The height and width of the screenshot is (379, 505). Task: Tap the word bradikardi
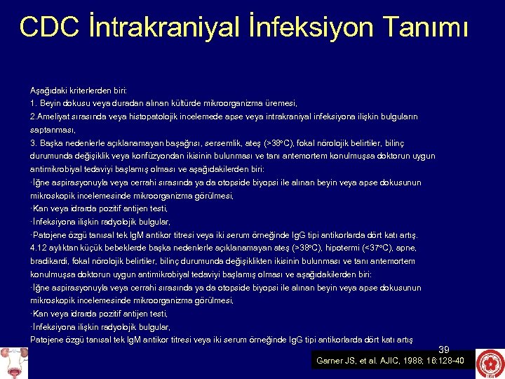point(48,261)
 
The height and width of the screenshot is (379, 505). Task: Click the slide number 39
point(443,349)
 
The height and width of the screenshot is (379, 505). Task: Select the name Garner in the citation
point(330,361)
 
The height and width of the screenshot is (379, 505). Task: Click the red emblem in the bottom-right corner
point(489,364)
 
